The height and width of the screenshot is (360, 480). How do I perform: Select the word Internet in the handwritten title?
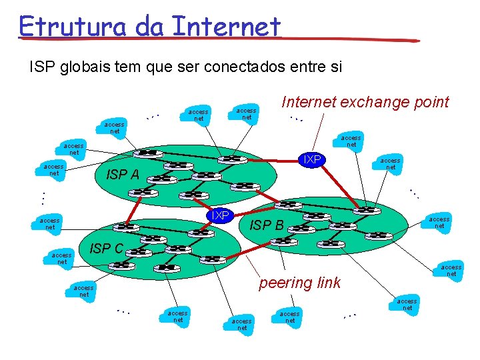click(227, 27)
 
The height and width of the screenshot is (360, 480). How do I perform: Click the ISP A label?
click(123, 175)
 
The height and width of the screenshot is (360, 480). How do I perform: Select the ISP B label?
click(266, 225)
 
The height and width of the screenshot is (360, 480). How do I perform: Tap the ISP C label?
click(107, 249)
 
